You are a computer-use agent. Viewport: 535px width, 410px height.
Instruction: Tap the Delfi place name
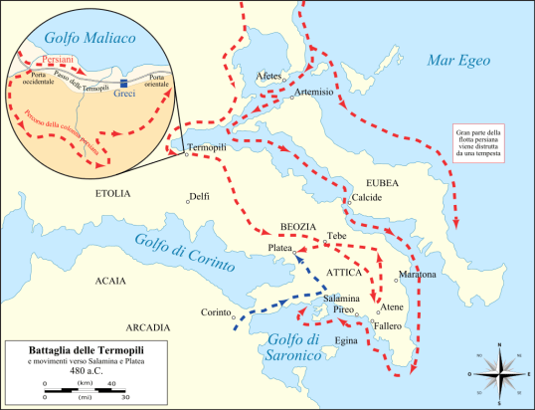coord(199,196)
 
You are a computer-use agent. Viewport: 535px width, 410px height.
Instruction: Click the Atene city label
coord(393,307)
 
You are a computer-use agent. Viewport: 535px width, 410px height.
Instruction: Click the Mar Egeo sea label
coord(458,61)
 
